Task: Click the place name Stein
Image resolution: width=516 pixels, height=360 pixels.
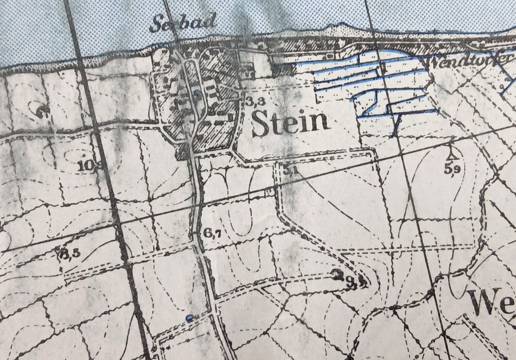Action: tap(291, 123)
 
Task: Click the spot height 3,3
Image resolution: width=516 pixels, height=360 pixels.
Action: tap(252, 101)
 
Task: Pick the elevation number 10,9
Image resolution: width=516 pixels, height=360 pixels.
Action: tap(89, 166)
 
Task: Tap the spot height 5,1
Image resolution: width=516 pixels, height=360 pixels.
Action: tap(290, 171)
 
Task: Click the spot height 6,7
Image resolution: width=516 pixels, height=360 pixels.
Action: tap(213, 233)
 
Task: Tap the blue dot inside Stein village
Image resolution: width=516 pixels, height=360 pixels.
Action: tap(198, 93)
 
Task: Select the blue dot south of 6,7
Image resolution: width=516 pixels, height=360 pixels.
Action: tap(190, 318)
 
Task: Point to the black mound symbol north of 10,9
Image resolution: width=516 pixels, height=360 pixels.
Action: tap(42, 109)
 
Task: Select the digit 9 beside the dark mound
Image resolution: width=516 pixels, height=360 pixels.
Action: tap(351, 281)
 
